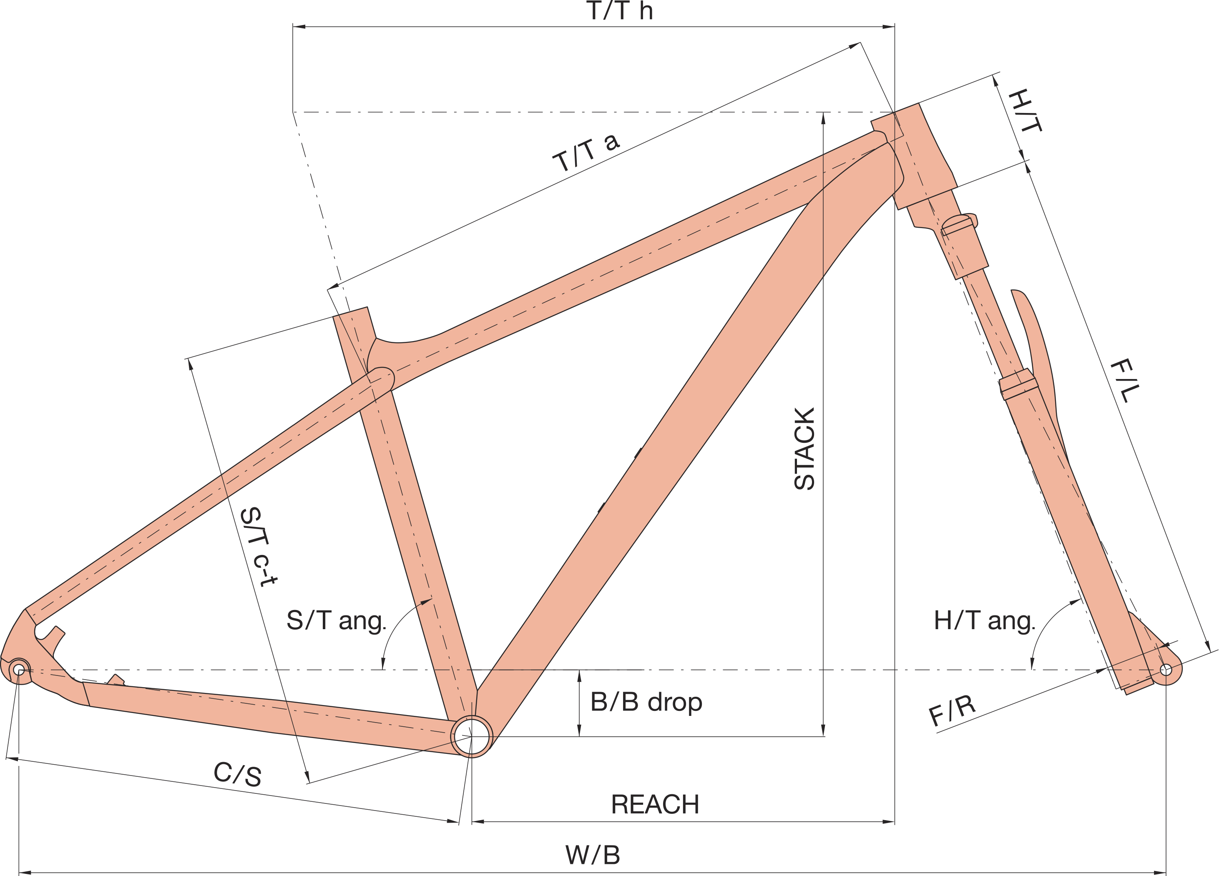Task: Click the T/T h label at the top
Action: pyautogui.click(x=619, y=11)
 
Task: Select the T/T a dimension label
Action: pyautogui.click(x=586, y=153)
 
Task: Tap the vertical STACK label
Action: pyautogui.click(x=804, y=449)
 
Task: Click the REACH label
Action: pyautogui.click(x=655, y=805)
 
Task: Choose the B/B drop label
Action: pyautogui.click(x=646, y=702)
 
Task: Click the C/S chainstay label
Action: pyautogui.click(x=238, y=774)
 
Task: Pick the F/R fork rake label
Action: pyautogui.click(x=952, y=710)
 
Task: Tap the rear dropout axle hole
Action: pyautogui.click(x=19, y=670)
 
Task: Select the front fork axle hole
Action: pyautogui.click(x=1166, y=670)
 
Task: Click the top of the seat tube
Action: pyautogui.click(x=350, y=313)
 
